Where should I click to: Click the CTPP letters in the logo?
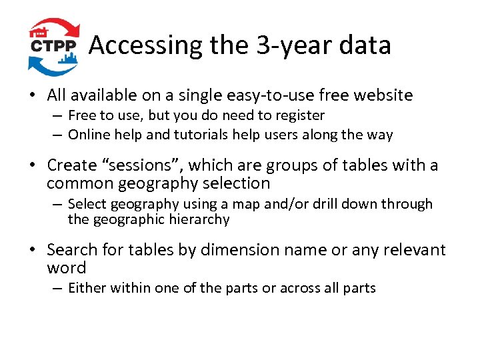tap(55, 47)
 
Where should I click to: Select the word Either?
tap(87, 288)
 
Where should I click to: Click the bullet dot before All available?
tap(32, 96)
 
